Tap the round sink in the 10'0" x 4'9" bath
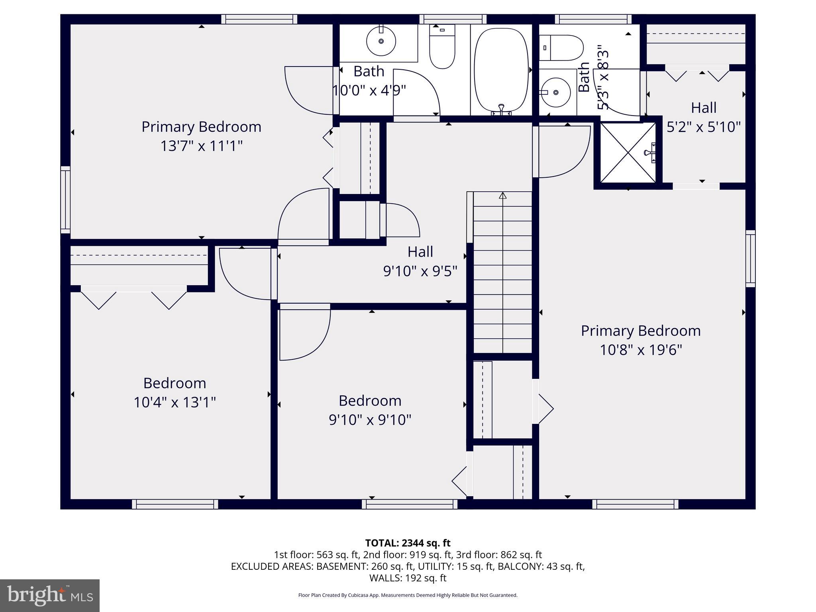(x=381, y=41)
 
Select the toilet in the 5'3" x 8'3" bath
(x=561, y=47)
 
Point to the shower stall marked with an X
(x=628, y=153)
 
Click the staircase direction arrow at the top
(x=502, y=196)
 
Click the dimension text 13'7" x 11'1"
(x=201, y=146)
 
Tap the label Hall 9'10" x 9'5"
(x=420, y=261)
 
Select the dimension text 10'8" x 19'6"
(x=641, y=350)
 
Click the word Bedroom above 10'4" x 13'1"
(x=175, y=383)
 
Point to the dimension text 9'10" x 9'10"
(x=370, y=420)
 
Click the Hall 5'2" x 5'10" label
(x=703, y=117)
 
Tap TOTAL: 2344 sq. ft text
(x=408, y=543)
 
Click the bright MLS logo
(x=50, y=596)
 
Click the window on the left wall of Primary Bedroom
(x=65, y=200)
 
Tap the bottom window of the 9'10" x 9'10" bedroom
(x=410, y=504)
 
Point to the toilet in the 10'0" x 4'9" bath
(x=442, y=46)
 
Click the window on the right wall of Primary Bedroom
(x=750, y=259)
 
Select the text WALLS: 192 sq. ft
(x=408, y=578)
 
